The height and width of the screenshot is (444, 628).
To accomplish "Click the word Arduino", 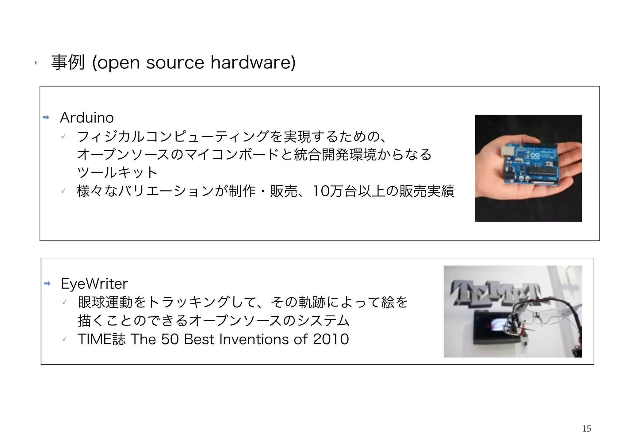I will [x=87, y=118].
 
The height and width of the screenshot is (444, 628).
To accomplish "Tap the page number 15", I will [x=586, y=429].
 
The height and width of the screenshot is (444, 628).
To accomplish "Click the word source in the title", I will [x=175, y=63].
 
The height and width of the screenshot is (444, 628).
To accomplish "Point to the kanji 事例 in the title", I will [x=68, y=62].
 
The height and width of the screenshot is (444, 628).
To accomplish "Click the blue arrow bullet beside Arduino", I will [x=46, y=118].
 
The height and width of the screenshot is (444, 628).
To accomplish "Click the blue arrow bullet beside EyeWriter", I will [x=47, y=284].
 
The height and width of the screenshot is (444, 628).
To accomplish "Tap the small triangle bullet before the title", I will [x=36, y=63].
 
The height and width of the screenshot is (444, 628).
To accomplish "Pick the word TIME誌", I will [x=101, y=339].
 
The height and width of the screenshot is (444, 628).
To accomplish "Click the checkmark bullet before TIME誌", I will [x=64, y=339].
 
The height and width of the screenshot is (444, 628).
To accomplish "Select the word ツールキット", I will [x=117, y=172].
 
